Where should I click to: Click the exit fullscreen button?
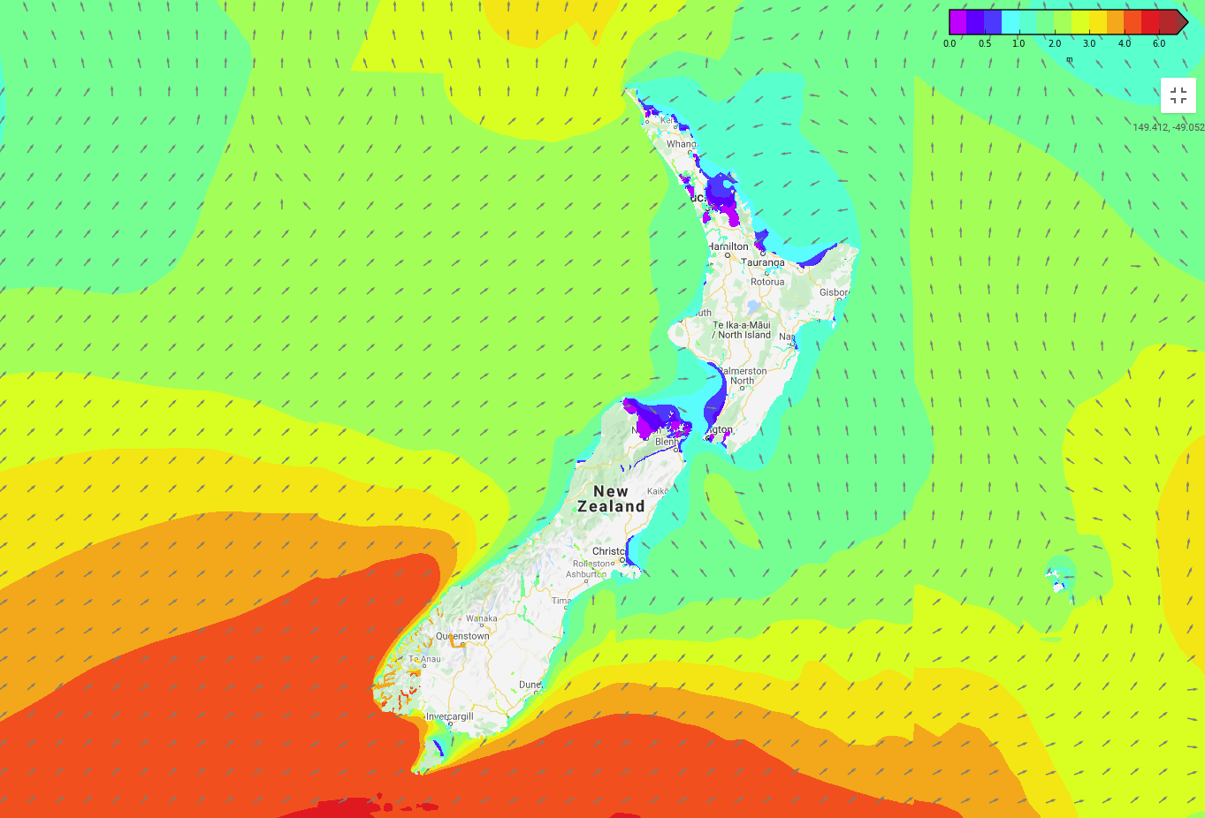(1178, 95)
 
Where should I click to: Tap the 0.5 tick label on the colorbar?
(984, 43)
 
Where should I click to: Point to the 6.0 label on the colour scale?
(1158, 43)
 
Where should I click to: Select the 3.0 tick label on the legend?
(1088, 43)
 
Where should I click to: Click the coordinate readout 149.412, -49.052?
(1168, 127)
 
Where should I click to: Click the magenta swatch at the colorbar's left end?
(957, 22)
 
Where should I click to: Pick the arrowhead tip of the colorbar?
(1186, 22)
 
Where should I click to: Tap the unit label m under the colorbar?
(1069, 60)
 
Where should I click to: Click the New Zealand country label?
(611, 499)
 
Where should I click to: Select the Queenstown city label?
(462, 636)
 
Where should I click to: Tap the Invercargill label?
(450, 716)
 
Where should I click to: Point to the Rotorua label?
(767, 282)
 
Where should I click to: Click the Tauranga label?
(763, 262)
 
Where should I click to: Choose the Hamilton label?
(728, 246)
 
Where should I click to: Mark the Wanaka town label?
(482, 618)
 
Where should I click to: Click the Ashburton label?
(585, 574)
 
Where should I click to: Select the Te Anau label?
(425, 659)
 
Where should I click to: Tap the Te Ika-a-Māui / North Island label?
(743, 330)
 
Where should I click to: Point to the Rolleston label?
(592, 564)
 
